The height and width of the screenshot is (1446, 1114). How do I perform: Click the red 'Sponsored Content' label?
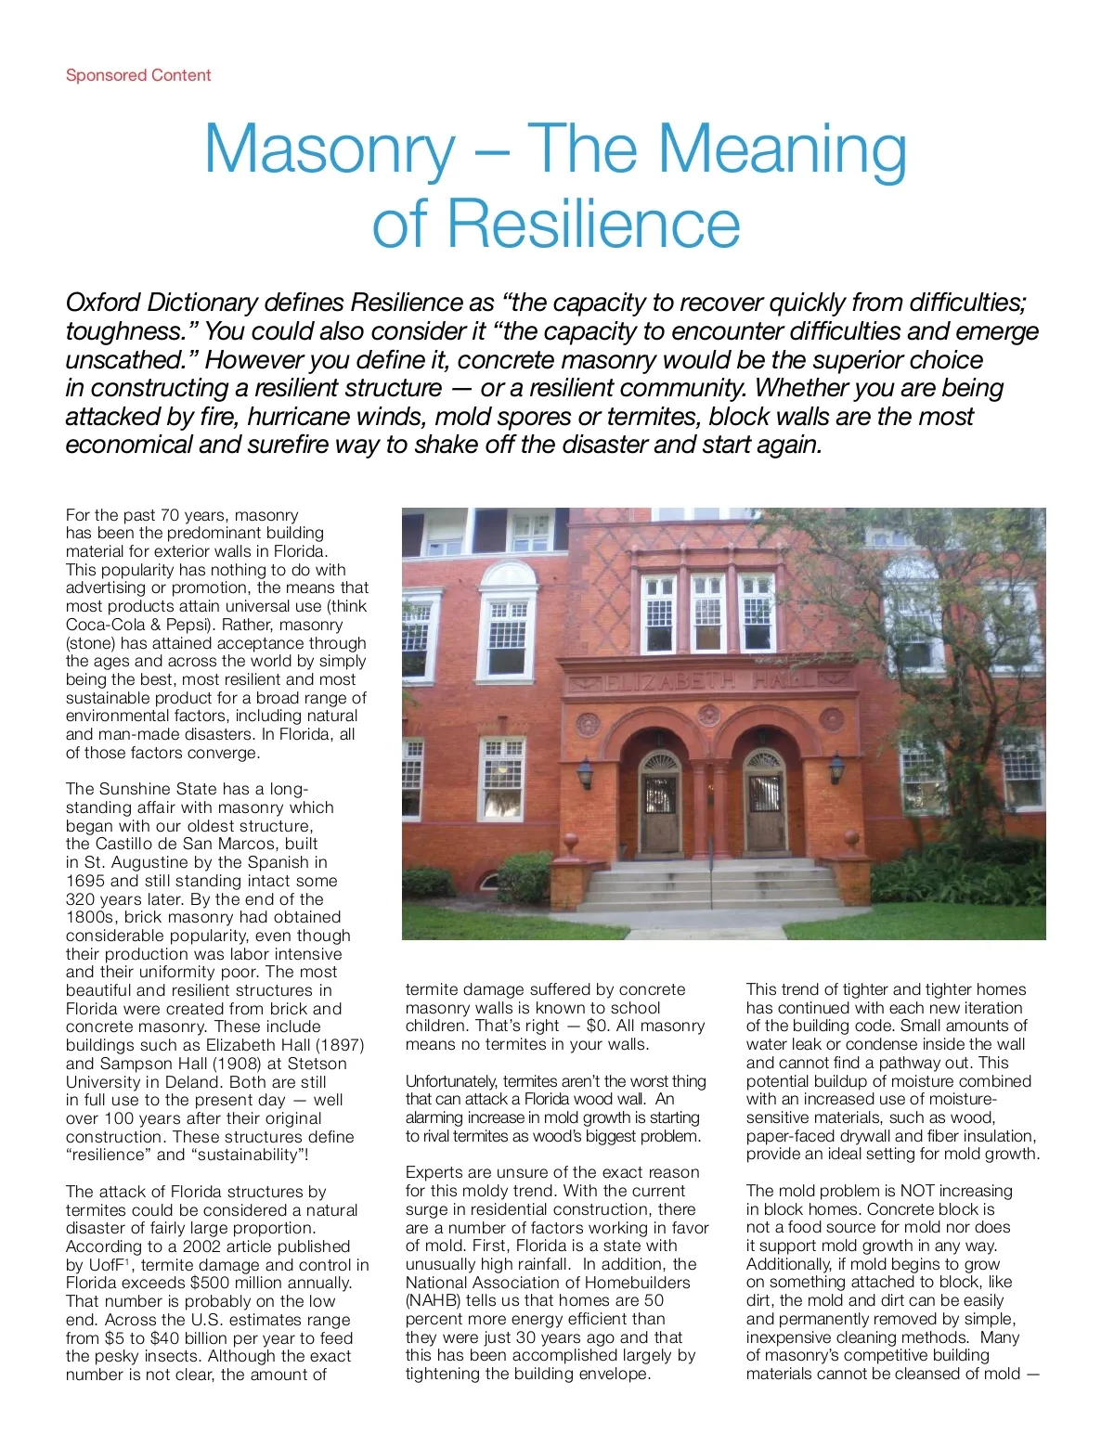tap(138, 75)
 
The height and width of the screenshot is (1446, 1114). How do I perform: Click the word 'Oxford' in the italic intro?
tap(103, 303)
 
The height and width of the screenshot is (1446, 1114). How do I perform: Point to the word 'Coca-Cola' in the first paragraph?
tap(103, 625)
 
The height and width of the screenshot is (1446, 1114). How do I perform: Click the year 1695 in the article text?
tap(86, 881)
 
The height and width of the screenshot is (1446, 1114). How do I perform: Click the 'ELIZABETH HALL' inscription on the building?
tap(710, 681)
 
